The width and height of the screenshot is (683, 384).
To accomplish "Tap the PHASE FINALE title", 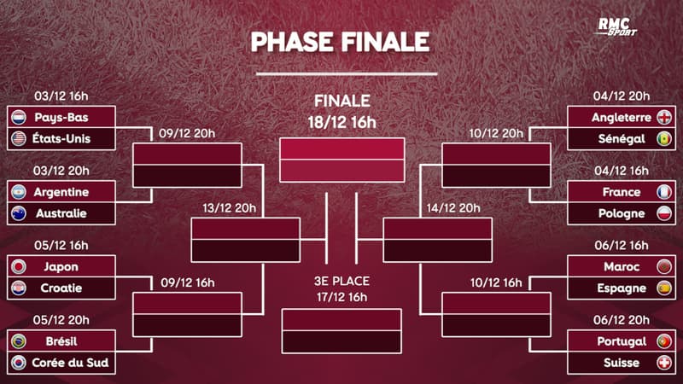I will click(341, 42).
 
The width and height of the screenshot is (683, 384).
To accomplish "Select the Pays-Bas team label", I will click(61, 117).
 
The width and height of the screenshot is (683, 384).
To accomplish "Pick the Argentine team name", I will click(61, 192).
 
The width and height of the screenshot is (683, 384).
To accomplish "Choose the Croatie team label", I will click(61, 288).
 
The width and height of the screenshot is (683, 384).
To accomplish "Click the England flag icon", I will click(663, 117).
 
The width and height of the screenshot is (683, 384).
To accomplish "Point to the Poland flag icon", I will click(663, 213).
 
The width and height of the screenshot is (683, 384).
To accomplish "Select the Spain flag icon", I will click(663, 288).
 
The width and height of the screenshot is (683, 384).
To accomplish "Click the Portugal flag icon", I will click(663, 342).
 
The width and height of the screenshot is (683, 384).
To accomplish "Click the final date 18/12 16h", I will click(341, 122).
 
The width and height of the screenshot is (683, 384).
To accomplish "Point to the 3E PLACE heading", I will click(341, 282).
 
